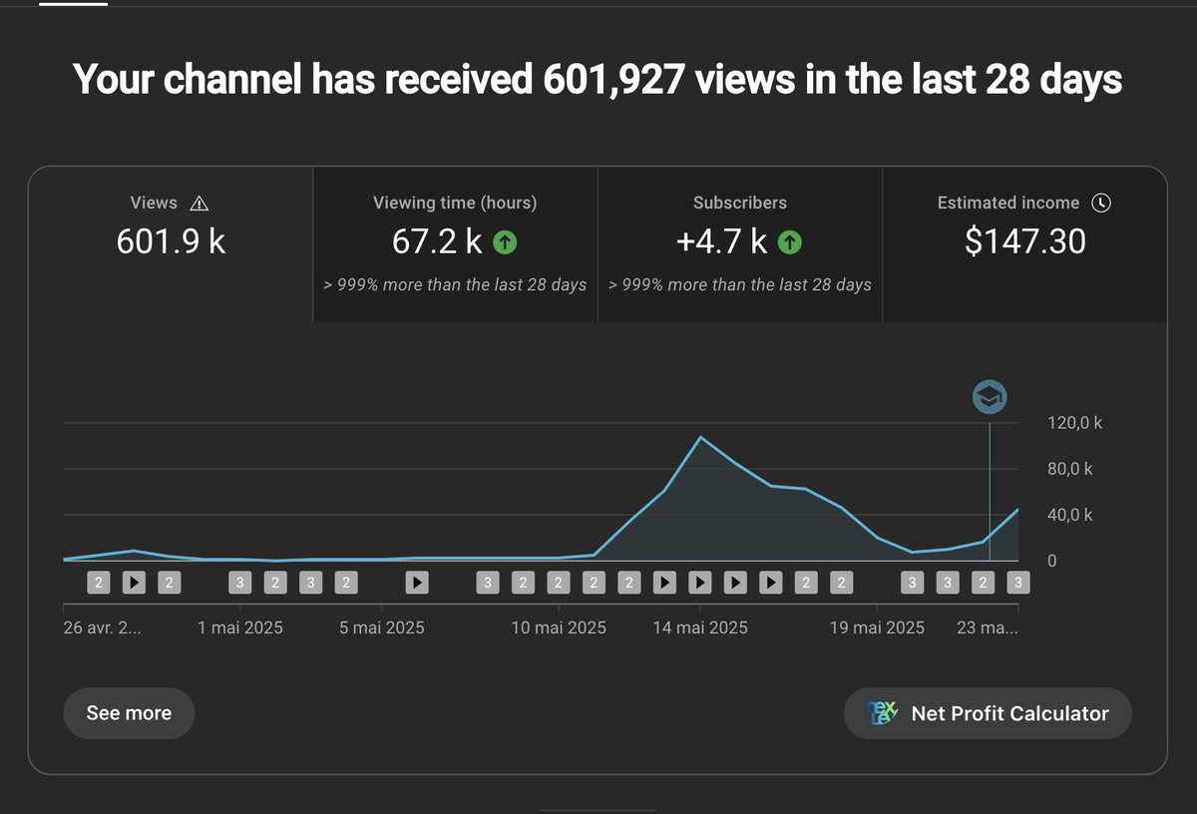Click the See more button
[129, 713]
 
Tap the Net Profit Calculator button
[988, 713]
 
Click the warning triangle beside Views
[199, 203]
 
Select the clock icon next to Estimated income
[1101, 203]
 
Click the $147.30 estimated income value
[1024, 242]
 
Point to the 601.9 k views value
[171, 242]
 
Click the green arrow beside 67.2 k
[505, 242]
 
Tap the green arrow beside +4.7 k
[789, 242]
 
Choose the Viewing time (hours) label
[455, 203]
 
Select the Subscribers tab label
[740, 203]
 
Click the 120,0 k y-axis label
[1074, 423]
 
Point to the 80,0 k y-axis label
[1069, 469]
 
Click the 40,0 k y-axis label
[1069, 516]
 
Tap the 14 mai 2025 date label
[699, 627]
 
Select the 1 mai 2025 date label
[240, 627]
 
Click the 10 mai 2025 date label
[559, 627]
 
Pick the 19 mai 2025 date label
[878, 627]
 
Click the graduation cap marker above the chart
[990, 397]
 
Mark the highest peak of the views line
[700, 437]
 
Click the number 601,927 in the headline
[613, 80]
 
